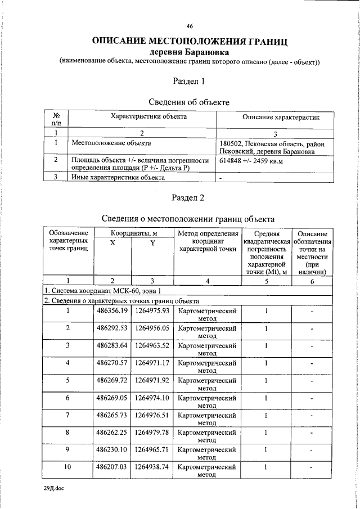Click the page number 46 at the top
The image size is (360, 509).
(190, 26)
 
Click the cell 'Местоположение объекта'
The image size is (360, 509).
(107, 143)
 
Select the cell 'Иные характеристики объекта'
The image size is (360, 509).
(118, 177)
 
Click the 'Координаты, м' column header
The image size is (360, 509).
(133, 233)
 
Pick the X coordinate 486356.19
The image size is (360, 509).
(112, 311)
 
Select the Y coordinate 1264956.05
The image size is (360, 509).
(152, 328)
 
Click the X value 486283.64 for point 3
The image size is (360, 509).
(112, 345)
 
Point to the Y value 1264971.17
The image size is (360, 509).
(152, 363)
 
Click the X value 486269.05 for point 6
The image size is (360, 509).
(112, 398)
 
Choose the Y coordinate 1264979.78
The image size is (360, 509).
(152, 432)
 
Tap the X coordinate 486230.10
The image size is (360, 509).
(112, 449)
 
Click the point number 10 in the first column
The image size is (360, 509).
(68, 467)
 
